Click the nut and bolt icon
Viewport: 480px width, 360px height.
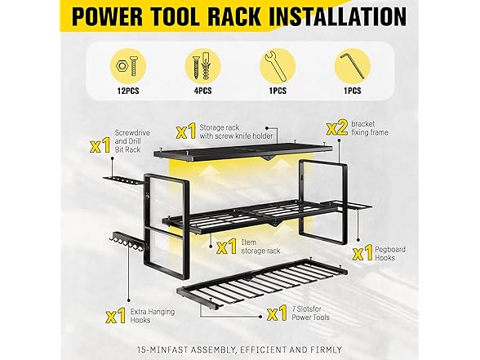pos(128,66)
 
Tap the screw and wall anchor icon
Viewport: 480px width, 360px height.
pos(202,66)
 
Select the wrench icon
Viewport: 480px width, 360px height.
pos(277,66)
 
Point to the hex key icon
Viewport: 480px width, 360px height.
pos(353,66)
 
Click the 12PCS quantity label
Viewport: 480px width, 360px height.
pos(128,91)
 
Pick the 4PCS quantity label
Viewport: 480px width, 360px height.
pos(202,91)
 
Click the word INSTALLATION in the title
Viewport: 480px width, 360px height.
pos(338,16)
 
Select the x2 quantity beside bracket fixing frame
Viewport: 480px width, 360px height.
pos(337,128)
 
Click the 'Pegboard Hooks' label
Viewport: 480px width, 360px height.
pos(390,253)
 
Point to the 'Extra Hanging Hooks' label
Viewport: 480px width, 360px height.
pos(153,316)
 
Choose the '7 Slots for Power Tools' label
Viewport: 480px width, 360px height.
pos(310,313)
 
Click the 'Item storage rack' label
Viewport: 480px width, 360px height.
pos(261,247)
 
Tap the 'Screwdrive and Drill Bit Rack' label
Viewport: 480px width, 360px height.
pos(132,141)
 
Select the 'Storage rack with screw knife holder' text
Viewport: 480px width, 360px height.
pos(236,131)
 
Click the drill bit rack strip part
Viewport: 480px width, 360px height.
pos(122,180)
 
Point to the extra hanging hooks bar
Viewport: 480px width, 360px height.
pos(127,242)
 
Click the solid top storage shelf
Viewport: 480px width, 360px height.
pos(243,151)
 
